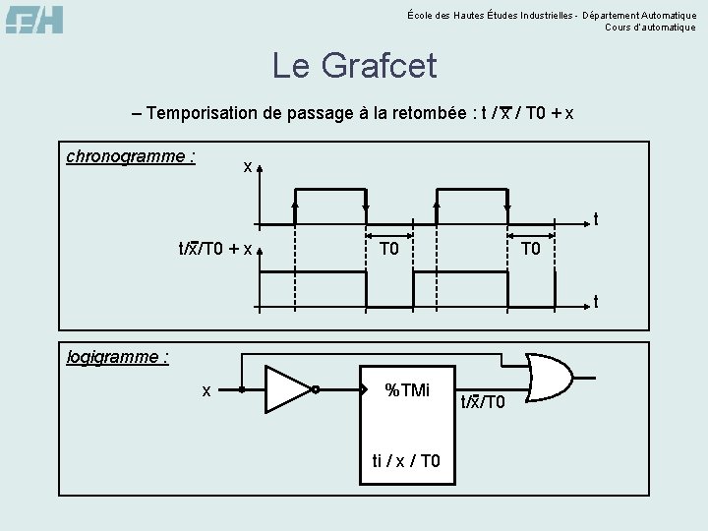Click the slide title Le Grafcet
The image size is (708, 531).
tap(354, 66)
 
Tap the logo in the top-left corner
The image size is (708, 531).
tap(35, 20)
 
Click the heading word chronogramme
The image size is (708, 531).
tap(128, 156)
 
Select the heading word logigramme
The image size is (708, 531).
tap(116, 357)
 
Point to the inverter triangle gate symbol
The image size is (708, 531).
tap(287, 390)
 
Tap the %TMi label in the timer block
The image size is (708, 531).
tap(406, 390)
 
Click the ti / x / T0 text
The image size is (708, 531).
tap(406, 461)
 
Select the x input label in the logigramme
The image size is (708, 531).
tap(206, 390)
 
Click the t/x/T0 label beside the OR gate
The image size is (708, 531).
tap(482, 401)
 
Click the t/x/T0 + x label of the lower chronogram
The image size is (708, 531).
tap(214, 249)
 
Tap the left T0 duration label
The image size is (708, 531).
tap(389, 249)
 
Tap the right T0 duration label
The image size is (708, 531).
tap(531, 249)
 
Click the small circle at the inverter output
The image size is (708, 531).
tap(316, 390)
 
